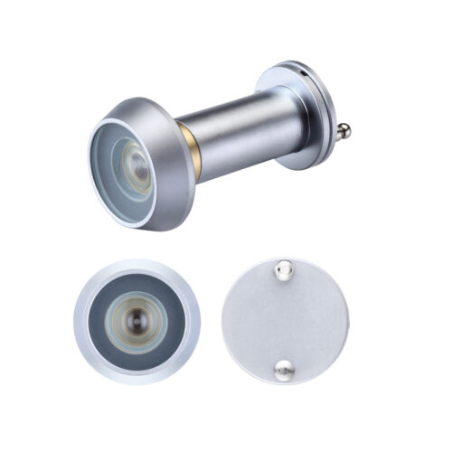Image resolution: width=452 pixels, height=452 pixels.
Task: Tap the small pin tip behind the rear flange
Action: click(x=346, y=133)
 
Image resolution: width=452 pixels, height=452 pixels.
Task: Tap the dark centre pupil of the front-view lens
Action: click(x=136, y=321)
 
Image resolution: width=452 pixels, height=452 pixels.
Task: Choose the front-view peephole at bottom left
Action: click(x=136, y=321)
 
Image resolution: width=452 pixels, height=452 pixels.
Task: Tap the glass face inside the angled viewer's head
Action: click(x=122, y=172)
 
